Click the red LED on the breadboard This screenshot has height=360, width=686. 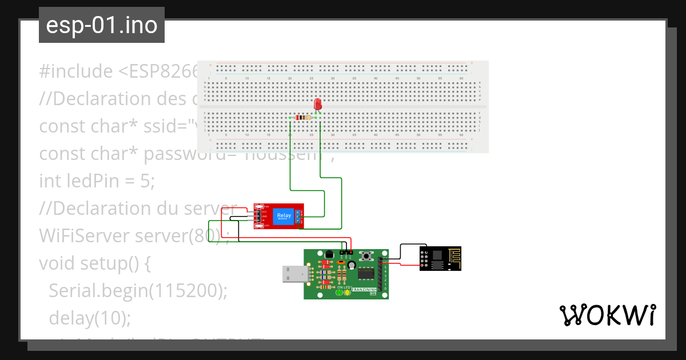coord(318,105)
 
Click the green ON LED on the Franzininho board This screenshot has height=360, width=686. coord(339,293)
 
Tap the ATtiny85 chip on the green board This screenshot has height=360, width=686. coord(366,274)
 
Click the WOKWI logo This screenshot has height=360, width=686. coord(607,315)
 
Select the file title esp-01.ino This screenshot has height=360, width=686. coord(102,25)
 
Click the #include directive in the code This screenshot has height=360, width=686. coord(76,71)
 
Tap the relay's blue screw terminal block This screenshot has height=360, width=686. coord(298,216)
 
